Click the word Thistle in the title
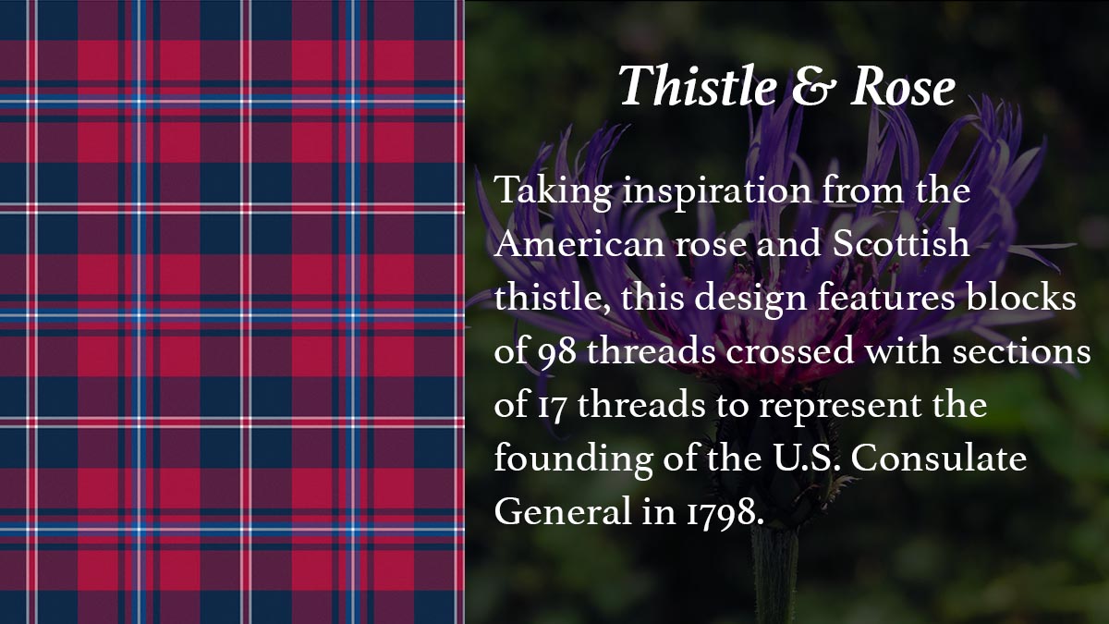coord(698,85)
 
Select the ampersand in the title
coord(814,88)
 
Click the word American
coord(579,244)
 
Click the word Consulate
coord(939,459)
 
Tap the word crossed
coord(790,350)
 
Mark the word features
coord(885,297)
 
